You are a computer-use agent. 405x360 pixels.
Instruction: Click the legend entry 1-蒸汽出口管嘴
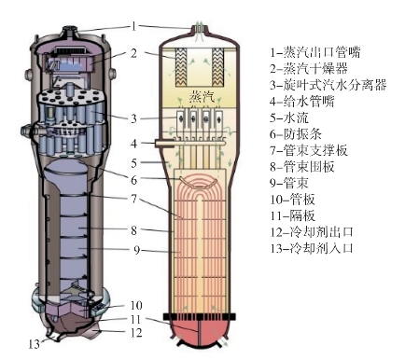(x=315, y=52)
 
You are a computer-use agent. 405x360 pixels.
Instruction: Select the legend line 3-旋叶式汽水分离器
(x=328, y=85)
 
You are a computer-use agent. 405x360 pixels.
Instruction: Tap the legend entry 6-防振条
(x=296, y=134)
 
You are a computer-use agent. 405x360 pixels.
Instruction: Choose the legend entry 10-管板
(x=292, y=200)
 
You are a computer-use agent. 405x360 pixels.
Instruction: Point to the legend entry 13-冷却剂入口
(x=312, y=248)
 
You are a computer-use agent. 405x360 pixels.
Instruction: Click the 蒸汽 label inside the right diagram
(x=202, y=97)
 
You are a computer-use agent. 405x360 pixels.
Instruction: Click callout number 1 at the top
(x=133, y=27)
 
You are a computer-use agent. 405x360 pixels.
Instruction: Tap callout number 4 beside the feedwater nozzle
(x=133, y=144)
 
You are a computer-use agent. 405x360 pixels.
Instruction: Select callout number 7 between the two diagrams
(x=133, y=199)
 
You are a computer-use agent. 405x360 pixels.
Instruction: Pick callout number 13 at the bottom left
(x=35, y=344)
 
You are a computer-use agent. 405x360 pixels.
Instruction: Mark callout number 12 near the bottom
(x=136, y=333)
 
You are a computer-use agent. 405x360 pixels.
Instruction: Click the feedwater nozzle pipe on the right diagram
(x=164, y=143)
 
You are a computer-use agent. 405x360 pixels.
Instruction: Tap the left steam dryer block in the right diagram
(x=182, y=66)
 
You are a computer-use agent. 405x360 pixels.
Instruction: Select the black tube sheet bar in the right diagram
(x=200, y=317)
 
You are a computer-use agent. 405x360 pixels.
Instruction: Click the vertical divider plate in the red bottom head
(x=199, y=333)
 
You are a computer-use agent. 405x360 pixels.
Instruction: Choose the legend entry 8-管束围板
(x=302, y=167)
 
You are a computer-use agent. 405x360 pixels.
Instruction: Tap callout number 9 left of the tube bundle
(x=137, y=249)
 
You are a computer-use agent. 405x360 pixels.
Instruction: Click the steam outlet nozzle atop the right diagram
(x=200, y=29)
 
